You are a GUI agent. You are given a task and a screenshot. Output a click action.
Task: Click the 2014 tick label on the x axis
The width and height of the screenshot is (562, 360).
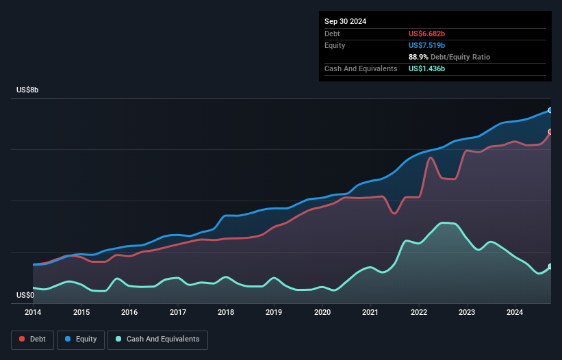(x=33, y=312)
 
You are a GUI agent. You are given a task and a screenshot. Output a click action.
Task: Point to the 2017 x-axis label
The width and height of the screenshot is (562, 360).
(x=178, y=312)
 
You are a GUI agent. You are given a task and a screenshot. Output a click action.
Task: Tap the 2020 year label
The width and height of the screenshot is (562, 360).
(x=322, y=312)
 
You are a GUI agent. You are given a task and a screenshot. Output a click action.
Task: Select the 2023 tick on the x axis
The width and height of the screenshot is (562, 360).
(x=467, y=312)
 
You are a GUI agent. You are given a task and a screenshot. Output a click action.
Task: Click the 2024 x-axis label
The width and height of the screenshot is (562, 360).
(x=515, y=312)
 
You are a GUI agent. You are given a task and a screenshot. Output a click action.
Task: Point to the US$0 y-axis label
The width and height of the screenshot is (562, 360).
(x=25, y=295)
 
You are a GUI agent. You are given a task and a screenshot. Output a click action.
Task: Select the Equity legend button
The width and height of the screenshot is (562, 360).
(x=81, y=339)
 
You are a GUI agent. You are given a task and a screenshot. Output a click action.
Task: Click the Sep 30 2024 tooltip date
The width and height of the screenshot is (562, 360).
(x=346, y=21)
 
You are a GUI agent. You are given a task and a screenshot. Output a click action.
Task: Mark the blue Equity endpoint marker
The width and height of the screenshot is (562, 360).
(x=550, y=110)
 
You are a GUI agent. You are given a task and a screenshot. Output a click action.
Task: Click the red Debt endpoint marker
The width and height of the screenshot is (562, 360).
(x=550, y=131)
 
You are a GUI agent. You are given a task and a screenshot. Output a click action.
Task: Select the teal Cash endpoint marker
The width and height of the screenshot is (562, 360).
(x=550, y=266)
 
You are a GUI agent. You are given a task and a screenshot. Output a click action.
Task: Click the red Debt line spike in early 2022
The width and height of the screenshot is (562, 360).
(x=431, y=158)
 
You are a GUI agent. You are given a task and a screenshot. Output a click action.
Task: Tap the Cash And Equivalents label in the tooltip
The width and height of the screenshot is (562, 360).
(x=361, y=69)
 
